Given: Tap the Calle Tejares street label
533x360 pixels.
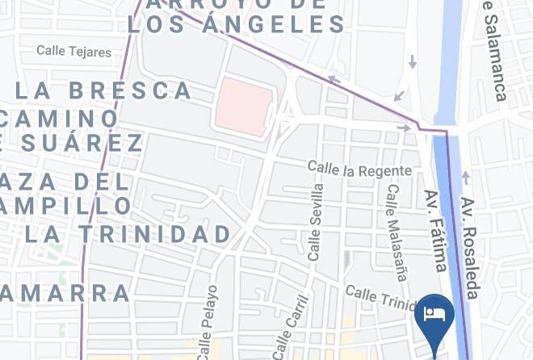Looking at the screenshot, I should coord(73,52).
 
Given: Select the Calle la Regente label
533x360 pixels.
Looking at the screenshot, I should coord(359,169).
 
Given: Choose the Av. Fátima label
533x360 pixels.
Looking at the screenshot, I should coord(435,231).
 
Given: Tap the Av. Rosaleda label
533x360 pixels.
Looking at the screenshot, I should coord(471,247).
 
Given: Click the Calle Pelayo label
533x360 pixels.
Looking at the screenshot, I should coord(208,320).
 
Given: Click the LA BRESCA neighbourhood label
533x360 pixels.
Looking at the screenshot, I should coord(104,90).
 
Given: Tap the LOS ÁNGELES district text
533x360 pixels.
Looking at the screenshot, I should coord(237,25).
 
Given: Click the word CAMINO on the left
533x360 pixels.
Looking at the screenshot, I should coord(61,119).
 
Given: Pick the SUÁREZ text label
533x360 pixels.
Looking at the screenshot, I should coord(77,144).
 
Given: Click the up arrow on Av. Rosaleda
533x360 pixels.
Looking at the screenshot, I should coord(465,178).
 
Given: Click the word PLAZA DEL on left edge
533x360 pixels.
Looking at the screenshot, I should coord(65,181).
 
